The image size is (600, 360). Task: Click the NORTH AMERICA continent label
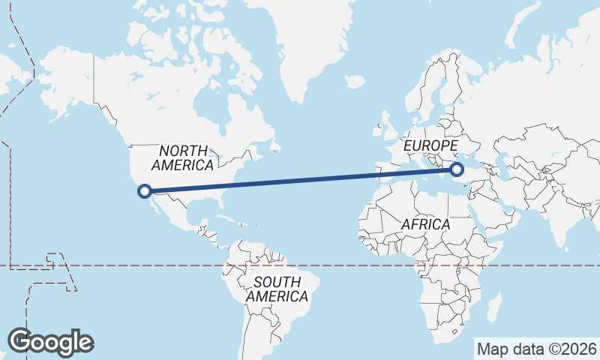[x=183, y=157]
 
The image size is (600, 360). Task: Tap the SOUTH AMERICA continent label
[x=277, y=289]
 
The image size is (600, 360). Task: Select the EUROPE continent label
[x=430, y=145]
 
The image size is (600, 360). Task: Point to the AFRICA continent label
[x=425, y=224]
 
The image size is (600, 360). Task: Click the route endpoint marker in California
[x=145, y=191]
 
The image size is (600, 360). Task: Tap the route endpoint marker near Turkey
[x=458, y=169]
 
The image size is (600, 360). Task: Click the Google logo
[x=50, y=342]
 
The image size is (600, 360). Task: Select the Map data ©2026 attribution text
[x=537, y=349]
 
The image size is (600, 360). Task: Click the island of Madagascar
[x=493, y=306]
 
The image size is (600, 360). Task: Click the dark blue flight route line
[x=300, y=181]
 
